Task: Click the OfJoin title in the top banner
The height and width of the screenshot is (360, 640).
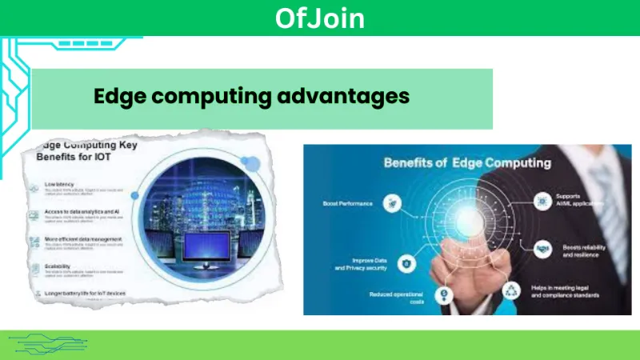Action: point(319,18)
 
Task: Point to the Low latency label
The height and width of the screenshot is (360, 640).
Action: point(61,184)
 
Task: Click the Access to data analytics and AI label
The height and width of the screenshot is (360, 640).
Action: point(83,212)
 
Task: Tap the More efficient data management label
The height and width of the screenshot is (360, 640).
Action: point(84,239)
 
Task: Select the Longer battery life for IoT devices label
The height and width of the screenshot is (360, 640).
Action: point(86,294)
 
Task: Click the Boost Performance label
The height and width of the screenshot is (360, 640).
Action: point(348,203)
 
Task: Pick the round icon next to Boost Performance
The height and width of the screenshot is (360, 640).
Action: point(393,203)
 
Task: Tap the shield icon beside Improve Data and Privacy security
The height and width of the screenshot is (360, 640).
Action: point(407,262)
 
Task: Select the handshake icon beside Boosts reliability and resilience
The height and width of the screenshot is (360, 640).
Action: point(542,249)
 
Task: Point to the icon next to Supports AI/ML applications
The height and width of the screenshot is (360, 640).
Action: point(542,200)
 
